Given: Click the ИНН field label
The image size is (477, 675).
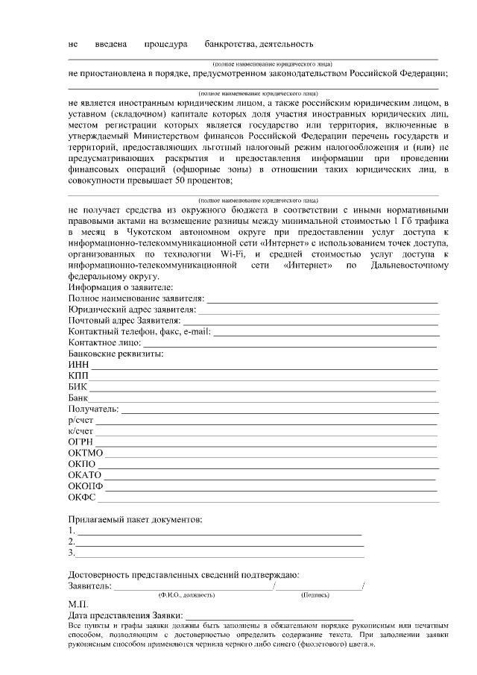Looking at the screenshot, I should click(x=78, y=364).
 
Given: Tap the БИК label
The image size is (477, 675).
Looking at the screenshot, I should click(x=78, y=387).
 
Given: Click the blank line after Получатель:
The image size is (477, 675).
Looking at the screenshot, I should click(x=279, y=412).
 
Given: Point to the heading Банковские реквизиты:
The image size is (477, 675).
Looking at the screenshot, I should click(x=116, y=353).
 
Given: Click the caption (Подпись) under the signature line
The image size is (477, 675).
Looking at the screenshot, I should click(x=314, y=594).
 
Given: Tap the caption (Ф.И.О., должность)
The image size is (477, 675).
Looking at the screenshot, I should click(x=186, y=594).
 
